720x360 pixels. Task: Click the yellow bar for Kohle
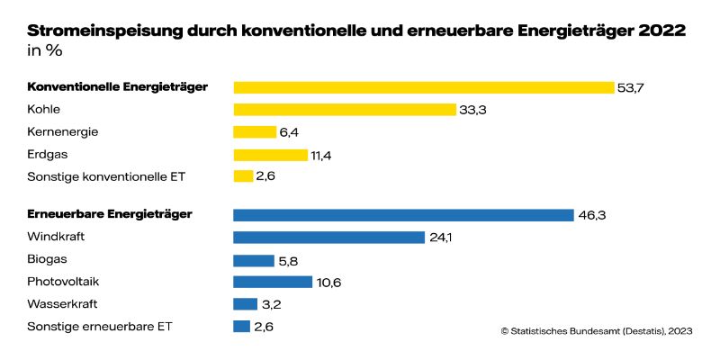(345, 109)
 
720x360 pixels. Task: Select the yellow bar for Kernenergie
(255, 131)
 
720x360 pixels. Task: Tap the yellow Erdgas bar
(270, 154)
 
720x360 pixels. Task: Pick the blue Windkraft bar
(328, 238)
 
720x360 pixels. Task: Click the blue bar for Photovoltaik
(273, 282)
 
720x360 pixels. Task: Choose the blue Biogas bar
(254, 260)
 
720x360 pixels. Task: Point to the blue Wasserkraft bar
(246, 304)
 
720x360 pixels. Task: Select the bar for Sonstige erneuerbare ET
(242, 326)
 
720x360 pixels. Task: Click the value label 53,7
(632, 87)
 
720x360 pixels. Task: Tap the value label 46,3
(591, 215)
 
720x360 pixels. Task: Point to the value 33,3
(474, 110)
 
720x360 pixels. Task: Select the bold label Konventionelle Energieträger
(118, 87)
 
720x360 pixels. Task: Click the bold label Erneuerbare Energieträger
(111, 214)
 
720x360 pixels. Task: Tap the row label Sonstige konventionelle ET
(106, 175)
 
